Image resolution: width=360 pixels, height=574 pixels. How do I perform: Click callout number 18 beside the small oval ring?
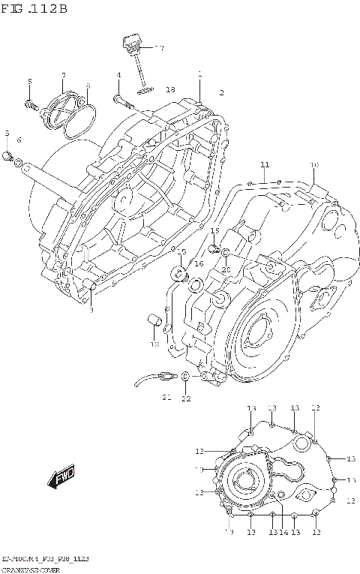tap(170, 89)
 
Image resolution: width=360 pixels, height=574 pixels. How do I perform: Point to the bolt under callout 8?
tap(31, 104)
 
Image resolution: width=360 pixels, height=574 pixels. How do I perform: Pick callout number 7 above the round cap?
tap(64, 75)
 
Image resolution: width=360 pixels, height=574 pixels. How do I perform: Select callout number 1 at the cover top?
tap(200, 74)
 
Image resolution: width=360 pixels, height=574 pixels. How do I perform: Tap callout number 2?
tap(221, 92)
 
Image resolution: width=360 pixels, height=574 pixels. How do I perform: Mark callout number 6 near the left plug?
tap(19, 140)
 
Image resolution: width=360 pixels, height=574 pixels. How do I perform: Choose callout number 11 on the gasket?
tap(264, 164)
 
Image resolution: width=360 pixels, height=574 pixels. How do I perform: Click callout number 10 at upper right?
tap(314, 164)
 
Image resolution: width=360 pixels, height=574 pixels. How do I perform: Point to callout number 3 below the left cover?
tap(91, 310)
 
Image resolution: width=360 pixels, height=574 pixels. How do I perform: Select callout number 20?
tap(225, 269)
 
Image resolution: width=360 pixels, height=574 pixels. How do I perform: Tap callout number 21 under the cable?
tap(166, 396)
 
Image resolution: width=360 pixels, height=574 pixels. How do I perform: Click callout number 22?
tap(185, 398)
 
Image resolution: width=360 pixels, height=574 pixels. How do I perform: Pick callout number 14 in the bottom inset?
tap(284, 532)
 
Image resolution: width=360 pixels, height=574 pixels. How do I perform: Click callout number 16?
tap(199, 264)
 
